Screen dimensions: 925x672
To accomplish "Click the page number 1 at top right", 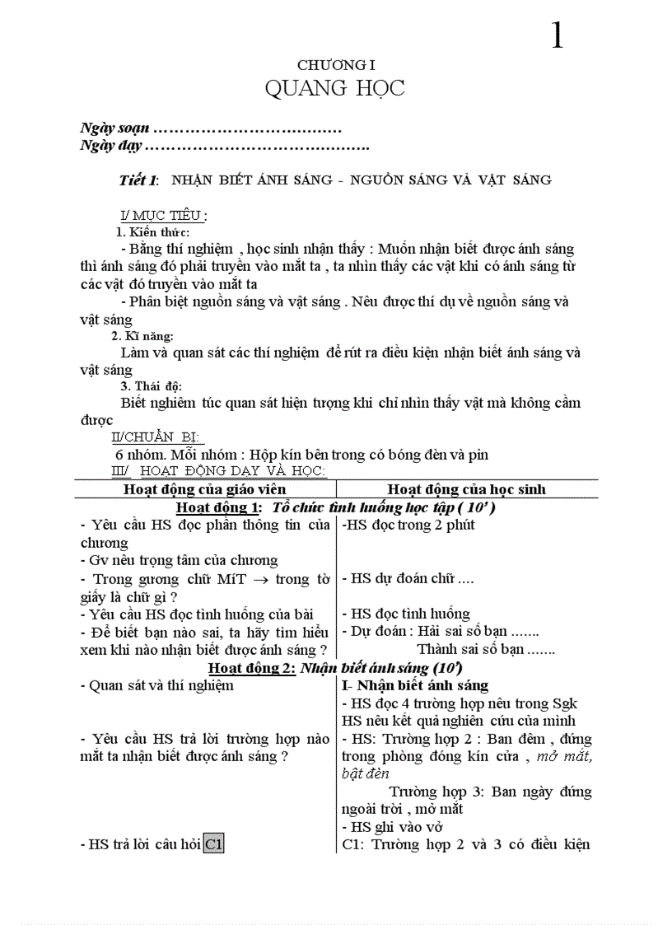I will [x=558, y=35].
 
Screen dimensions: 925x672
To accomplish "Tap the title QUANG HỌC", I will [x=335, y=88].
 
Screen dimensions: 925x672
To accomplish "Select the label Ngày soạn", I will [x=114, y=128].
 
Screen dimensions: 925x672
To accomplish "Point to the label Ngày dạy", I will [x=111, y=146].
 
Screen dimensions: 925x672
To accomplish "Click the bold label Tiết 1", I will [x=138, y=180].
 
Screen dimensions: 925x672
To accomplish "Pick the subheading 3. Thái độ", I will [x=151, y=386].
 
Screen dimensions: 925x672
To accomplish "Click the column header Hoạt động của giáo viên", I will [x=204, y=489].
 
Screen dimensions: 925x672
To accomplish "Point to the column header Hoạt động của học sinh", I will [x=466, y=489].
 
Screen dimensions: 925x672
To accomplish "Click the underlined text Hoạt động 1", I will [x=219, y=507].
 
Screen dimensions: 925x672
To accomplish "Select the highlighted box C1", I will [x=214, y=844].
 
